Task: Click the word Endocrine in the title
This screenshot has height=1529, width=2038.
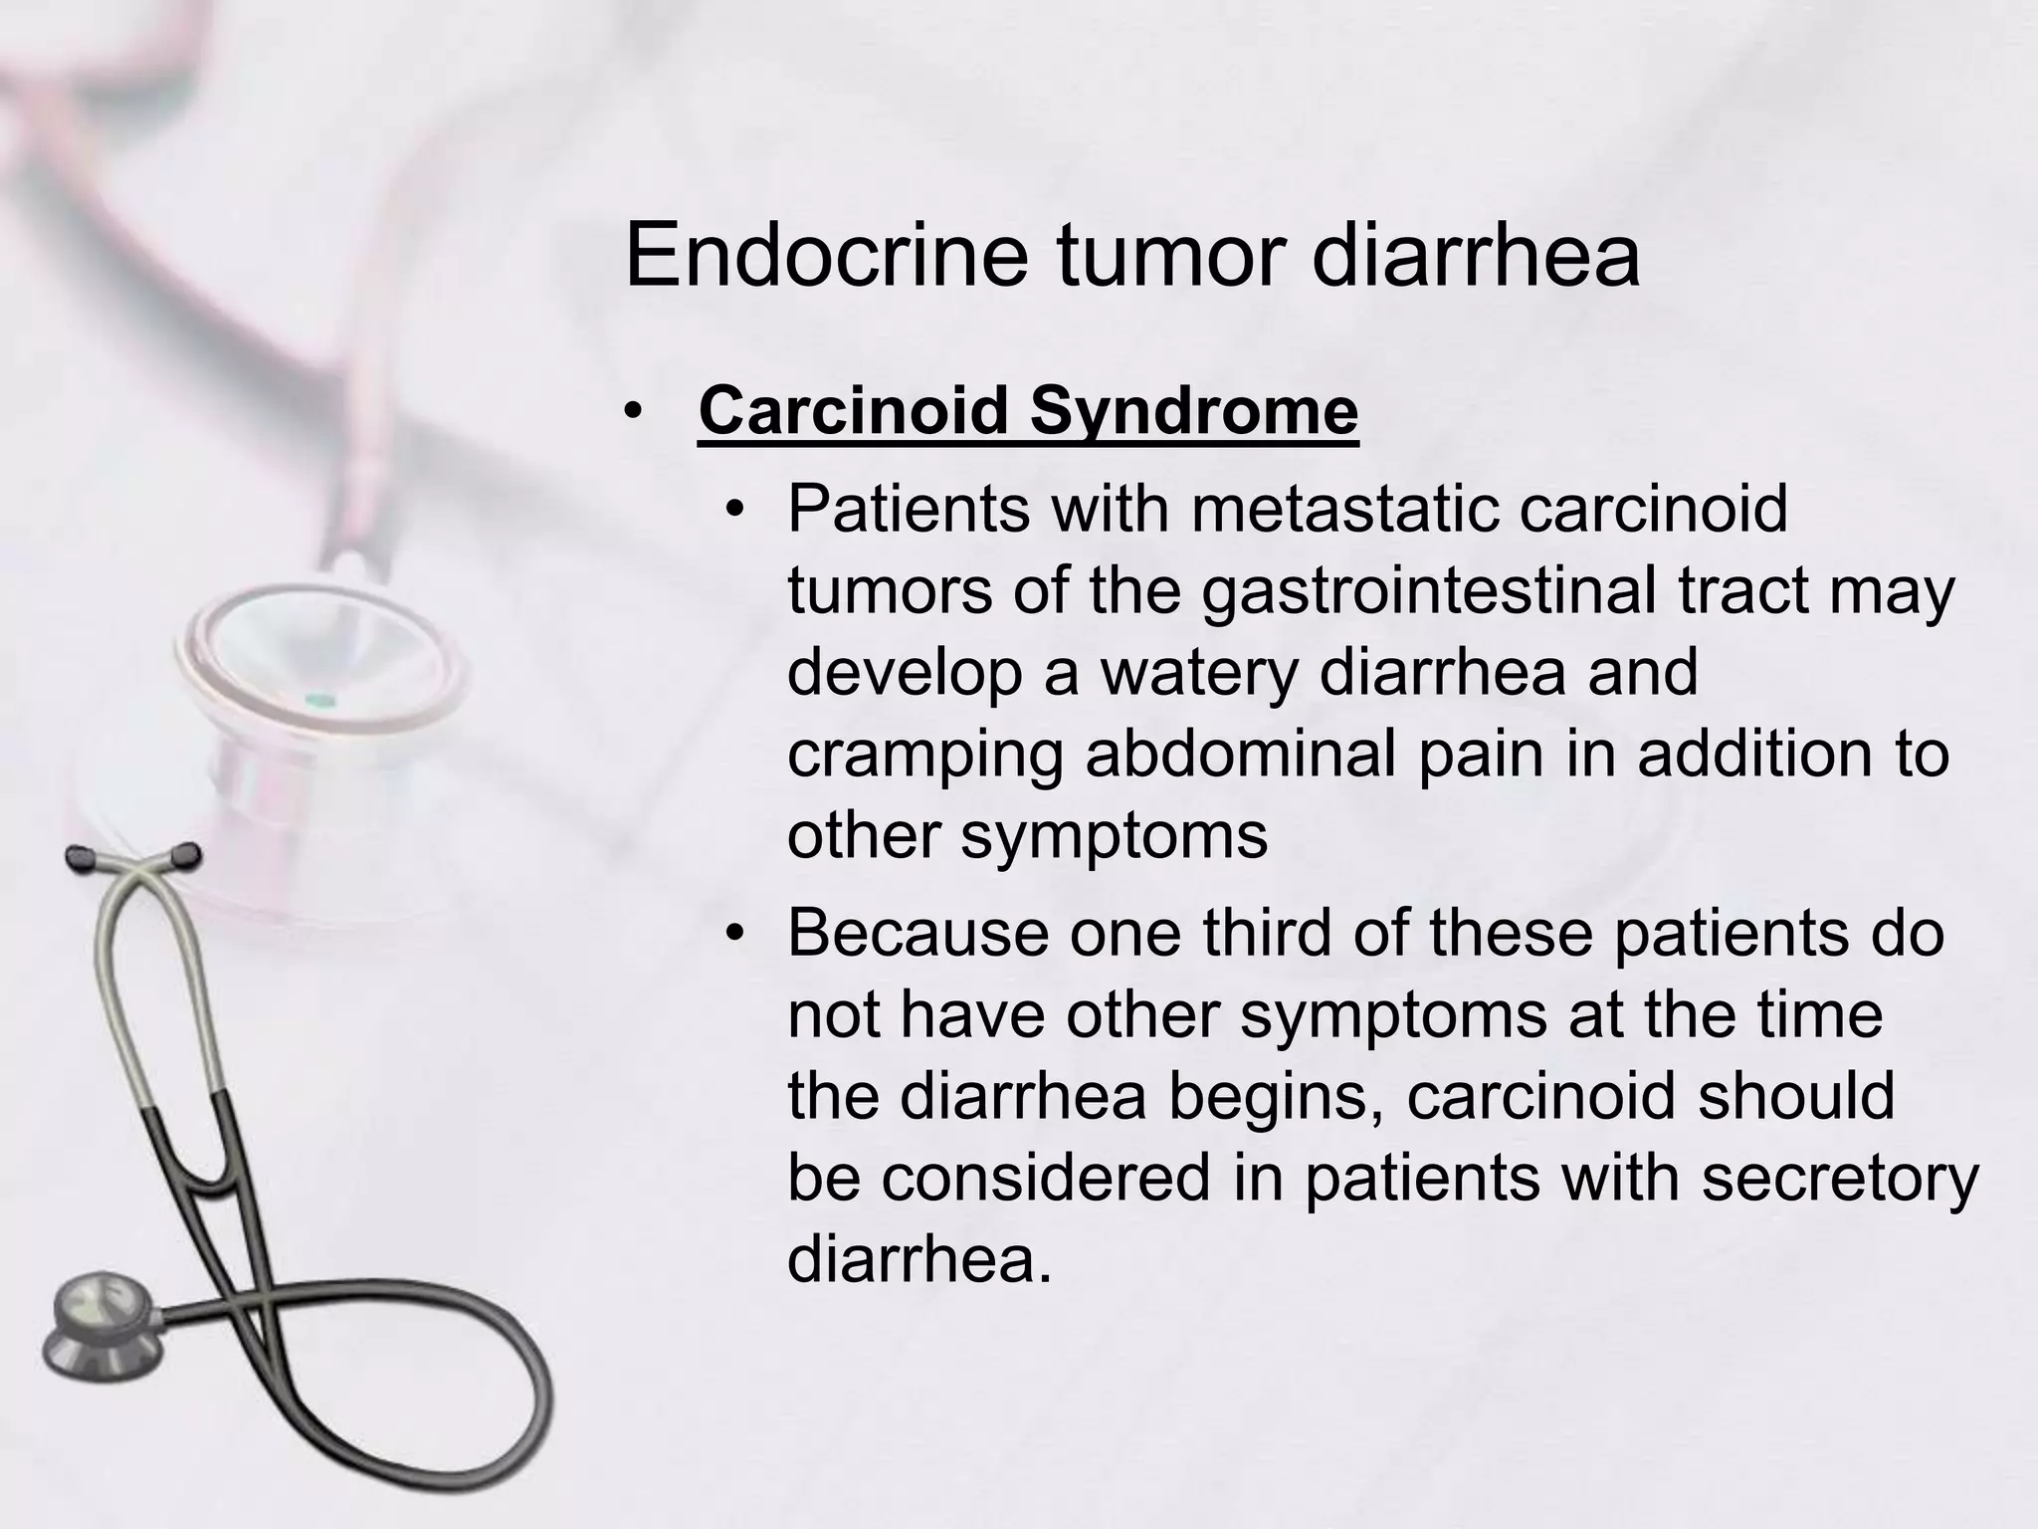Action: (x=826, y=256)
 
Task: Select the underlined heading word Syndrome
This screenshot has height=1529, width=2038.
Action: (x=1193, y=410)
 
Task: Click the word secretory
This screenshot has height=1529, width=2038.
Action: (x=1840, y=1179)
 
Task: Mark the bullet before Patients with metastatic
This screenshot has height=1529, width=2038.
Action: (x=734, y=512)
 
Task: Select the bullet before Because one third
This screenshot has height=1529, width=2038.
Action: (x=734, y=936)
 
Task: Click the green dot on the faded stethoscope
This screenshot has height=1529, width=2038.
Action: (x=317, y=699)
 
